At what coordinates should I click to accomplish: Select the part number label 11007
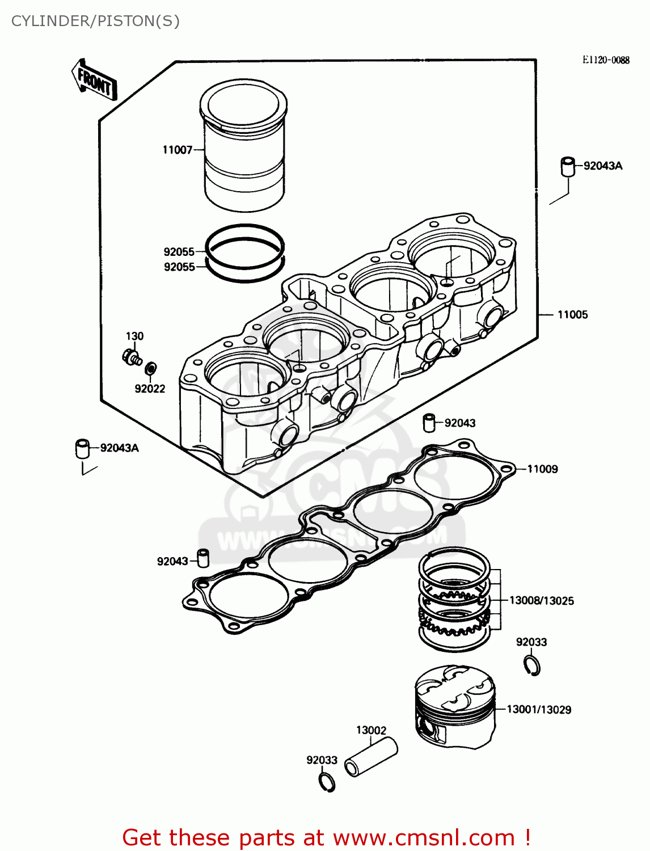pyautogui.click(x=177, y=150)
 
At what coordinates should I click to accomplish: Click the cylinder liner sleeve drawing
pyautogui.click(x=244, y=148)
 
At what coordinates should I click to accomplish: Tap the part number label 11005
pyautogui.click(x=572, y=315)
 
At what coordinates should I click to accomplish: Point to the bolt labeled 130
pyautogui.click(x=132, y=357)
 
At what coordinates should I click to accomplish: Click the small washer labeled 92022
pyautogui.click(x=151, y=369)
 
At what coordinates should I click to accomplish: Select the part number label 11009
pyautogui.click(x=542, y=469)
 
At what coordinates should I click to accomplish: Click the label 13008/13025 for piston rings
pyautogui.click(x=541, y=601)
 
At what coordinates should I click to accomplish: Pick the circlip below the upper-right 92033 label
pyautogui.click(x=532, y=665)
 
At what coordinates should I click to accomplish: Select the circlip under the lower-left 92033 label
pyautogui.click(x=327, y=782)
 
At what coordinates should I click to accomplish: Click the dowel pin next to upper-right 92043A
pyautogui.click(x=568, y=167)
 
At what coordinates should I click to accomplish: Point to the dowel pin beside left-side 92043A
pyautogui.click(x=83, y=448)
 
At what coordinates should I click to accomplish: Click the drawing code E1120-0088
pyautogui.click(x=605, y=60)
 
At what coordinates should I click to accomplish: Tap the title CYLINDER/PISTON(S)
pyautogui.click(x=95, y=21)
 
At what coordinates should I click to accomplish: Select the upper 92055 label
pyautogui.click(x=179, y=252)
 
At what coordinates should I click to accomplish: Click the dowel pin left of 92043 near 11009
pyautogui.click(x=429, y=423)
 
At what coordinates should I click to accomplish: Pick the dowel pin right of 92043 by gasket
pyautogui.click(x=203, y=558)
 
